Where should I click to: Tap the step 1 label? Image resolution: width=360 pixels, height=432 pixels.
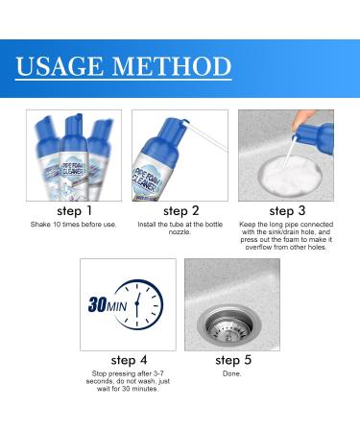[75, 210]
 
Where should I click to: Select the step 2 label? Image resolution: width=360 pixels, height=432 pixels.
[180, 210]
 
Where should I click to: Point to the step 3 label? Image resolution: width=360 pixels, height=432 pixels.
[285, 210]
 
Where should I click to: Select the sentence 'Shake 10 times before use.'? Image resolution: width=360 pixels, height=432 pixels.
[75, 226]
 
